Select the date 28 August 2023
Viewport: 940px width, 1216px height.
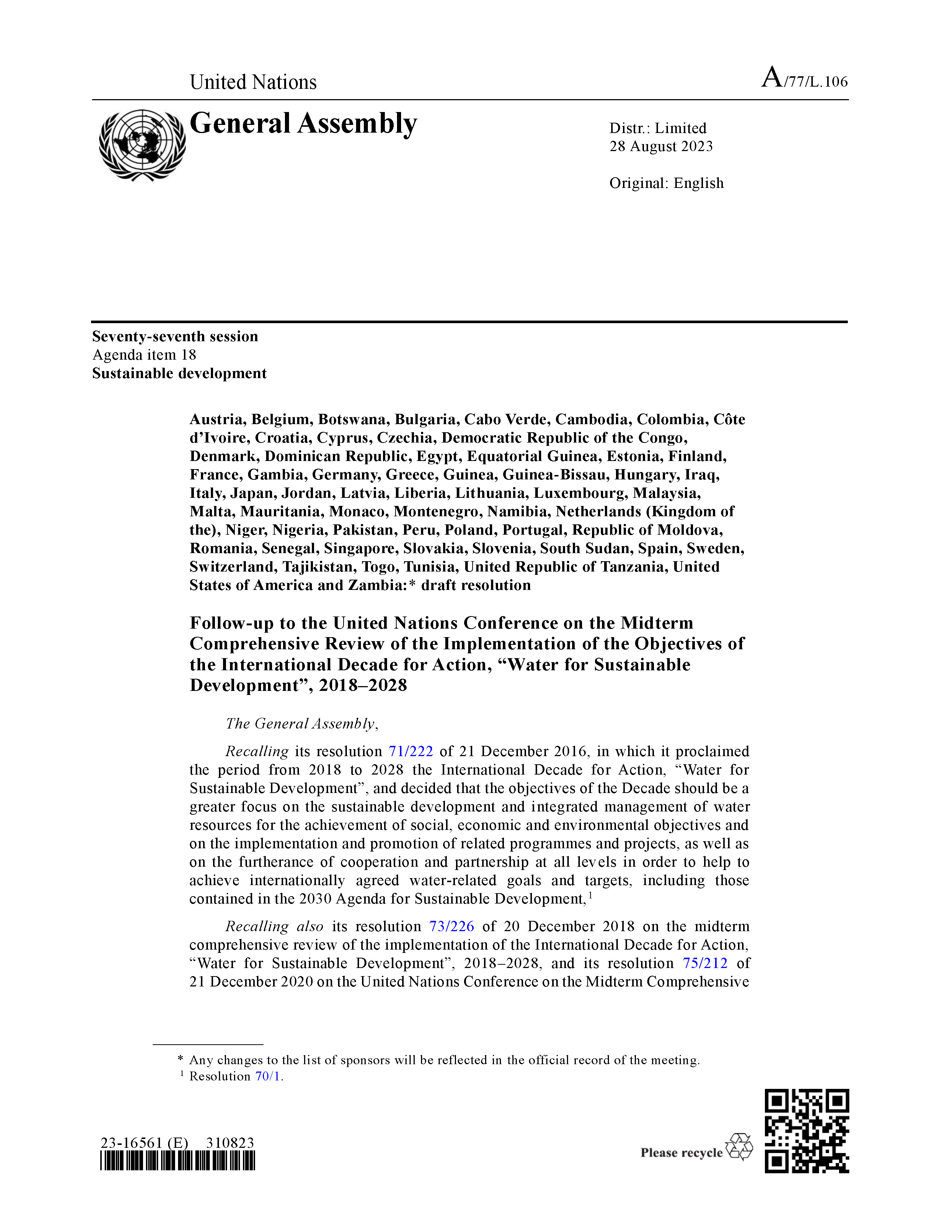[x=661, y=146]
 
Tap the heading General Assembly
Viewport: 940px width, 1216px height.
[x=303, y=123]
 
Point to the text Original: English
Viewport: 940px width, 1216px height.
[x=666, y=183]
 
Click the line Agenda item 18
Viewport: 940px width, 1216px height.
[x=144, y=354]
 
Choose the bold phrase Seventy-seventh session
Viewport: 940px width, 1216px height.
[x=175, y=336]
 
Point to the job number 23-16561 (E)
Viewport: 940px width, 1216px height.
[x=144, y=1143]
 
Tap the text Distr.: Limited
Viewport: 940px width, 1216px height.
[x=658, y=128]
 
